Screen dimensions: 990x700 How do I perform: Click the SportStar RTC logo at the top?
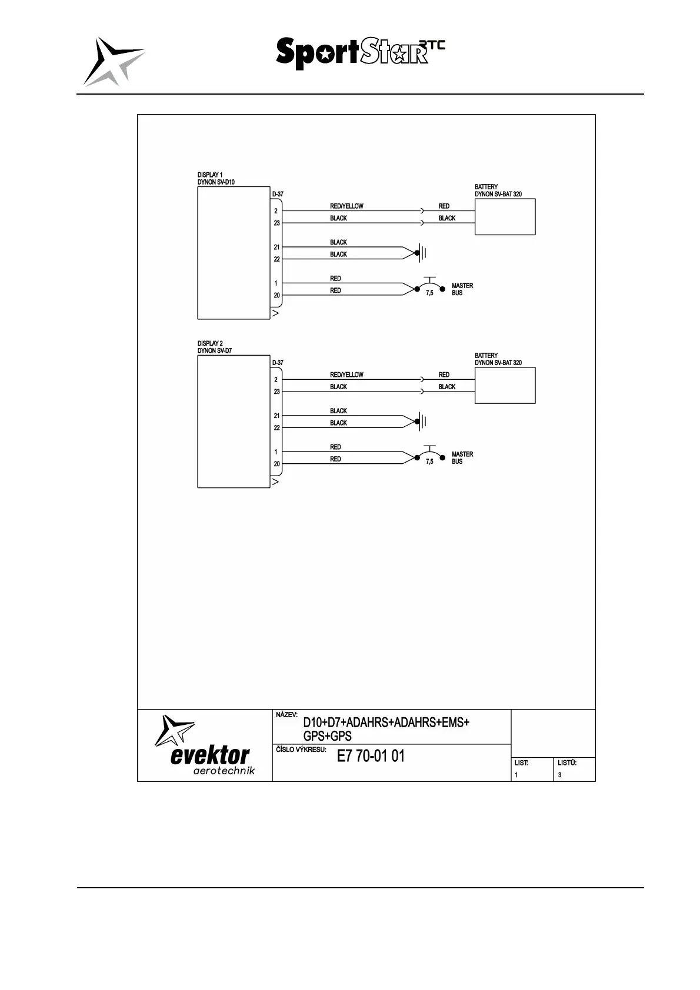pyautogui.click(x=360, y=53)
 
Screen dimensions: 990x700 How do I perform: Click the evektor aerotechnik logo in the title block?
pyautogui.click(x=205, y=745)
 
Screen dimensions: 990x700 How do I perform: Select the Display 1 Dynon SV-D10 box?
pyautogui.click(x=234, y=253)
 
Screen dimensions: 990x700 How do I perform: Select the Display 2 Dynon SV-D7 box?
pyautogui.click(x=234, y=422)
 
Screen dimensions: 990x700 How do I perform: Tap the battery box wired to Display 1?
pyautogui.click(x=505, y=217)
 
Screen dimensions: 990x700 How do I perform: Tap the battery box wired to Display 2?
pyautogui.click(x=505, y=386)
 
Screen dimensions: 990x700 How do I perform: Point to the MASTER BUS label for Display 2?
pyautogui.click(x=462, y=458)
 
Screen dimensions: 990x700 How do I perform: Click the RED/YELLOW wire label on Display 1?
pyautogui.click(x=346, y=206)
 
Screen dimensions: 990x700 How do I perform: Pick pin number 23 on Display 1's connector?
pyautogui.click(x=276, y=223)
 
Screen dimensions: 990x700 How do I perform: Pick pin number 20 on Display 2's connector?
pyautogui.click(x=276, y=464)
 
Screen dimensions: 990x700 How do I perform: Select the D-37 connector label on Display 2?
pyautogui.click(x=278, y=363)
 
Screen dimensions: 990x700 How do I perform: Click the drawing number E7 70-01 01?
pyautogui.click(x=371, y=757)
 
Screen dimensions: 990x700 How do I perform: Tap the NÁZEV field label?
pyautogui.click(x=286, y=715)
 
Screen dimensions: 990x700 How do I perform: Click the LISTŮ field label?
pyautogui.click(x=566, y=763)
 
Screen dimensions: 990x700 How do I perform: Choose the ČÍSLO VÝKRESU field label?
pyautogui.click(x=301, y=750)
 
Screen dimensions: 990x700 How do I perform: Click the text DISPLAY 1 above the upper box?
pyautogui.click(x=210, y=175)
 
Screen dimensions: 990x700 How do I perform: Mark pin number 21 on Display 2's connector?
pyautogui.click(x=276, y=416)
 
